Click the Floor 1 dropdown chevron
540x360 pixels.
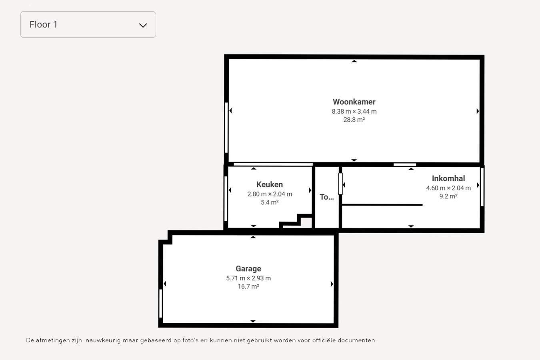[x=143, y=25]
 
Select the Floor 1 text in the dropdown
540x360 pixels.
[x=43, y=24]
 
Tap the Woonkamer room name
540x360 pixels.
[x=354, y=102]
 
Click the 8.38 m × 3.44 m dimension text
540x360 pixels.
[x=354, y=112]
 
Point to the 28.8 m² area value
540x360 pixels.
[x=354, y=120]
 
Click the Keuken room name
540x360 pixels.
[x=270, y=184]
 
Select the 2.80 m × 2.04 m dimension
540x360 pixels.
[x=270, y=194]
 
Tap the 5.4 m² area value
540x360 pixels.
[x=270, y=202]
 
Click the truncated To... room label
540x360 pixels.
[x=326, y=197]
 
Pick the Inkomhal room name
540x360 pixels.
[x=448, y=178]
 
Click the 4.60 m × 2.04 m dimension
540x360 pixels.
[x=448, y=188]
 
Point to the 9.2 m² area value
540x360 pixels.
[x=448, y=196]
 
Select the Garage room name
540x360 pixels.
[x=248, y=269]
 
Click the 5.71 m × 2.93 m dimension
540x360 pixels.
[x=248, y=278]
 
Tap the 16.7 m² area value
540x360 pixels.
[x=248, y=286]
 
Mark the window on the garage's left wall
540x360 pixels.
[x=161, y=303]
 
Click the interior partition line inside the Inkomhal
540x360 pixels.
[x=382, y=205]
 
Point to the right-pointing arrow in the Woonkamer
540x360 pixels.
[x=478, y=111]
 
